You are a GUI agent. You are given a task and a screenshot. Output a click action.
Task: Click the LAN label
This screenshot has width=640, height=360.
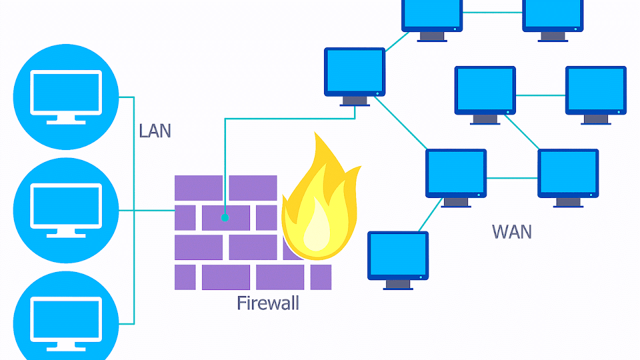[x=155, y=130]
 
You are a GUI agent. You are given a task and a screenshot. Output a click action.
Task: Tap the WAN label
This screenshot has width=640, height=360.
[x=511, y=231]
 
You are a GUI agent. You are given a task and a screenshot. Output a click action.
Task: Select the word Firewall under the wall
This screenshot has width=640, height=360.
[x=267, y=303]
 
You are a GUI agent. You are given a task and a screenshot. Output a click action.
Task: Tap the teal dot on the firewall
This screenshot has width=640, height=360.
[x=225, y=217]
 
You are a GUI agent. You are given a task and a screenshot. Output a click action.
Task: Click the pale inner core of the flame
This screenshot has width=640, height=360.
[x=316, y=230]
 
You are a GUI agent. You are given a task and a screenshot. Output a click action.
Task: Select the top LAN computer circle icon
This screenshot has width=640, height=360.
[x=65, y=96]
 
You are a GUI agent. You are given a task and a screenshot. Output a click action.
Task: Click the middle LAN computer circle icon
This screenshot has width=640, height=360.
[x=65, y=210]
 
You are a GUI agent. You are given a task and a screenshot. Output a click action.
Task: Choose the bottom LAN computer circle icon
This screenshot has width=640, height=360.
[x=65, y=320]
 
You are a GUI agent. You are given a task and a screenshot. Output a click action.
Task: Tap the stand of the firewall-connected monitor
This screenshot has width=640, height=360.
[x=354, y=101]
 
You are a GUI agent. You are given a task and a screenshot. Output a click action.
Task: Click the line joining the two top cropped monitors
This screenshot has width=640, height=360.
[x=492, y=12]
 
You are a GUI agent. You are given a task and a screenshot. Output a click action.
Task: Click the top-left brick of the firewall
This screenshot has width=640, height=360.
[x=198, y=187]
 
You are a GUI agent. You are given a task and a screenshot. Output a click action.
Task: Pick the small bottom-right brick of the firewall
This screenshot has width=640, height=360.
[x=320, y=277]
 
